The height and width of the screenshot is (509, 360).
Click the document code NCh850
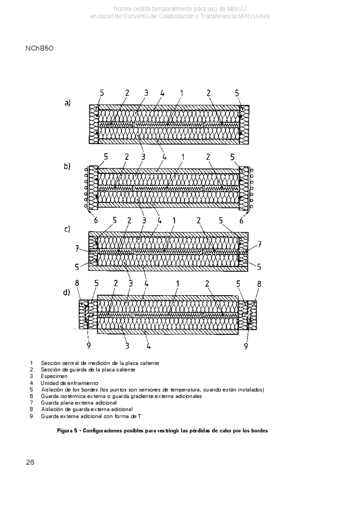pyautogui.click(x=39, y=48)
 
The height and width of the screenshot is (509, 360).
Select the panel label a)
pyautogui.click(x=67, y=103)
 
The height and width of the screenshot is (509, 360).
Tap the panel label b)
pyautogui.click(x=67, y=166)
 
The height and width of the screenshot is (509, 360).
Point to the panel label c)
pyautogui.click(x=67, y=229)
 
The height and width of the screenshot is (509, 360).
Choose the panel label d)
pyautogui.click(x=67, y=292)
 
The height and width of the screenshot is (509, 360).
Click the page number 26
pyautogui.click(x=30, y=462)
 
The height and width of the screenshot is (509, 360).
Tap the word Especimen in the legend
pyautogui.click(x=54, y=376)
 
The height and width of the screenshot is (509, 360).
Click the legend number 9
pyautogui.click(x=31, y=416)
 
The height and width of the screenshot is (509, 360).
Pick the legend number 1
pyautogui.click(x=31, y=363)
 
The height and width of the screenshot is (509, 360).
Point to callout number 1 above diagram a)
pyautogui.click(x=181, y=93)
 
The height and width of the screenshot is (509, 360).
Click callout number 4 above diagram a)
pyautogui.click(x=162, y=93)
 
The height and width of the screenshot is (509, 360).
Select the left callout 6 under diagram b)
pyautogui.click(x=96, y=221)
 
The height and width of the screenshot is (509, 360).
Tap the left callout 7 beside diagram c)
pyautogui.click(x=77, y=249)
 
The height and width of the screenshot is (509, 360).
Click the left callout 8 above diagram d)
pyautogui.click(x=77, y=283)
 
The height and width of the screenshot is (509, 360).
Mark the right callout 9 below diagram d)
pyautogui.click(x=246, y=347)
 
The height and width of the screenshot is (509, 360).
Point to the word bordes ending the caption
pyautogui.click(x=260, y=431)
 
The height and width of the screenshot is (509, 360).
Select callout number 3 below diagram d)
pyautogui.click(x=127, y=346)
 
